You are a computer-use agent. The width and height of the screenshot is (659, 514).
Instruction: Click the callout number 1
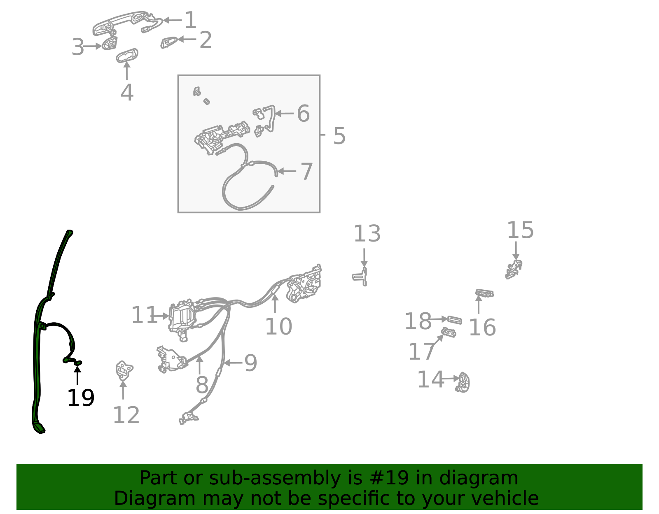click(190, 20)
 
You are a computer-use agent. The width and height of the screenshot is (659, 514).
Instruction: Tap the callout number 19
click(81, 398)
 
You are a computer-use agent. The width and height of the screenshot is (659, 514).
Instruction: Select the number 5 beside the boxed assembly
click(339, 136)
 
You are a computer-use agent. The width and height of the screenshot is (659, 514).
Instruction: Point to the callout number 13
click(367, 234)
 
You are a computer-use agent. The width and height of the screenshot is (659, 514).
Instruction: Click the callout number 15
click(520, 230)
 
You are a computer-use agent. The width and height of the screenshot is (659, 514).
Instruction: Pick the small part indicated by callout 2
click(169, 42)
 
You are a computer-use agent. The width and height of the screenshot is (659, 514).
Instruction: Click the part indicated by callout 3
click(110, 43)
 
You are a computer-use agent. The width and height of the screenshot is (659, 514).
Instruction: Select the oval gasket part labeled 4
click(127, 56)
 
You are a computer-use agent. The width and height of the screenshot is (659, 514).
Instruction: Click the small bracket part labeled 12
click(124, 370)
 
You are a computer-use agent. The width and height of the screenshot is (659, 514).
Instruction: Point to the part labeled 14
click(463, 382)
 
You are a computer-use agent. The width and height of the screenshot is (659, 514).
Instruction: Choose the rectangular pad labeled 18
click(454, 320)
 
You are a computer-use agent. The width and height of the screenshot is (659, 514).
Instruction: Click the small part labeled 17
click(449, 332)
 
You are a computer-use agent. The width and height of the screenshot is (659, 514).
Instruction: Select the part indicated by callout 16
click(484, 293)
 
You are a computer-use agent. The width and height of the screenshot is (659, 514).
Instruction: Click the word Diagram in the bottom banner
click(138, 499)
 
